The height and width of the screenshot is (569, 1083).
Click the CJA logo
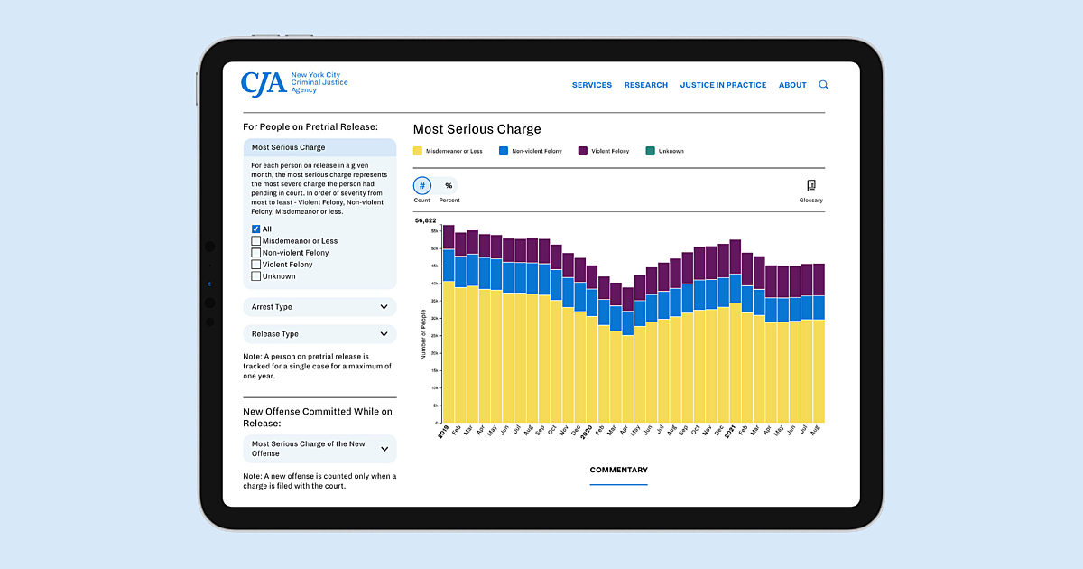coord(264,83)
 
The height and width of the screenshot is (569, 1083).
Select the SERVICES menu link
coord(592,85)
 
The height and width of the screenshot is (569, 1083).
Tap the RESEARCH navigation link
coord(646,85)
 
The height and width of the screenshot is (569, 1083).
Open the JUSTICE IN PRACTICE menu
coord(723,85)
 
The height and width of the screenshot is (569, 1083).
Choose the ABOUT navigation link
coord(792,85)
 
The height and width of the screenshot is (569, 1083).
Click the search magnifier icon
coord(824,85)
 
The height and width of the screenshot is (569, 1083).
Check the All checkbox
coord(256,229)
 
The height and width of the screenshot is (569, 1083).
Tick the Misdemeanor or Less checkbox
coord(256,241)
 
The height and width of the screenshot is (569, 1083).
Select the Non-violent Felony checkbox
coord(256,253)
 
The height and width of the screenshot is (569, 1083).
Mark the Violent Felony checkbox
coord(256,265)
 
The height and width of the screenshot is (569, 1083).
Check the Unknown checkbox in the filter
coord(256,276)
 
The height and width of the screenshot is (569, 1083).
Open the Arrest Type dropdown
coord(319,307)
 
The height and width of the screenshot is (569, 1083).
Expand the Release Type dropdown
coord(319,334)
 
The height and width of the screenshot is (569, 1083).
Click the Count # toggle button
coord(422,185)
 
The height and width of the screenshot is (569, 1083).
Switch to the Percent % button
coord(449,185)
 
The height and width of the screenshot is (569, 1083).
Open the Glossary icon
coord(810,186)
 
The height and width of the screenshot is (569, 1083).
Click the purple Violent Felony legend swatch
coord(583,151)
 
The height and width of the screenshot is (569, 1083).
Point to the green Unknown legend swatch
coord(650,151)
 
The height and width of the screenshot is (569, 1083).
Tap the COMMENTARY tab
coord(618,470)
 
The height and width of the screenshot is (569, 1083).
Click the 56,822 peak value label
coord(426,220)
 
